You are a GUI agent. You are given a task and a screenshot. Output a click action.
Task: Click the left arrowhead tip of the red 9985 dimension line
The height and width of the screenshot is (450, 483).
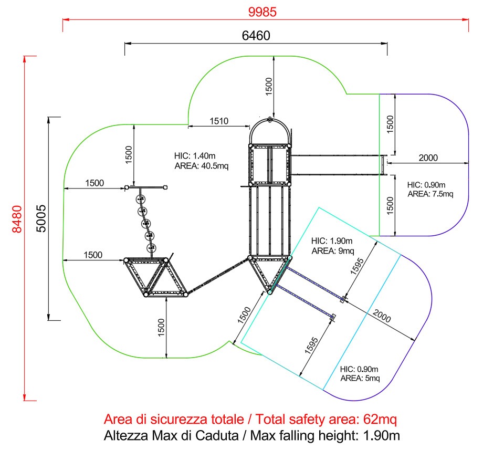click(63, 20)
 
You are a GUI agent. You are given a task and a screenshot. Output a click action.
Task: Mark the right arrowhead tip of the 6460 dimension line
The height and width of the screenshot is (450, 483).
click(387, 44)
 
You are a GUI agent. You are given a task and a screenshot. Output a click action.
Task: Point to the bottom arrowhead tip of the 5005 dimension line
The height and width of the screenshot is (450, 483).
click(49, 320)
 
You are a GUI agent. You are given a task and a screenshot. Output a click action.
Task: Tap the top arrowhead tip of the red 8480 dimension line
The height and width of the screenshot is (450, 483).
click(24, 56)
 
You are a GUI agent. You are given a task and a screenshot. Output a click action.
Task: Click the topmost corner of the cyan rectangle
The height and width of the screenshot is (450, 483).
click(319, 207)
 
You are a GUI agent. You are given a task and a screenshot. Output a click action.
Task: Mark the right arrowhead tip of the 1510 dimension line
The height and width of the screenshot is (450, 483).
click(249, 126)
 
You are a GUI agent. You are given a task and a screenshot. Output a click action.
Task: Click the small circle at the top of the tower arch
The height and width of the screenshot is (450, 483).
click(270, 120)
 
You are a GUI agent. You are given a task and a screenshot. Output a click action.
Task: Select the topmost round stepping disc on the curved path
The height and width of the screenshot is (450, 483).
click(141, 200)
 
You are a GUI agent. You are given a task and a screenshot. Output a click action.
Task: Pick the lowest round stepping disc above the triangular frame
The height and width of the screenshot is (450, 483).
click(151, 248)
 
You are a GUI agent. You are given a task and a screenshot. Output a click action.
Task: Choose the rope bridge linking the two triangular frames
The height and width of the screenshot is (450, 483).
click(218, 276)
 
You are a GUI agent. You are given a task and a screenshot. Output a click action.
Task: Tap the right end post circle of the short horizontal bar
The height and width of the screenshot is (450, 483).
click(165, 187)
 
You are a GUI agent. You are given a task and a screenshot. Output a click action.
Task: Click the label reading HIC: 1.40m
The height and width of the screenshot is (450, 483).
click(195, 155)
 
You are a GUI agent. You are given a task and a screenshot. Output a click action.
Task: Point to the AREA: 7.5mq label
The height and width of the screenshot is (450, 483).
click(430, 194)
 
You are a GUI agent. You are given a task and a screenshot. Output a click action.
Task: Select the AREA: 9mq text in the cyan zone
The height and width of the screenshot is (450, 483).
click(333, 250)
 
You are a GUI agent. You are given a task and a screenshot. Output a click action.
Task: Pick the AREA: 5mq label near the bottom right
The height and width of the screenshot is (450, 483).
click(360, 378)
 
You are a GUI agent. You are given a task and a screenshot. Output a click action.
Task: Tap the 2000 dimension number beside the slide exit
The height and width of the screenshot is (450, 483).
click(428, 158)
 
